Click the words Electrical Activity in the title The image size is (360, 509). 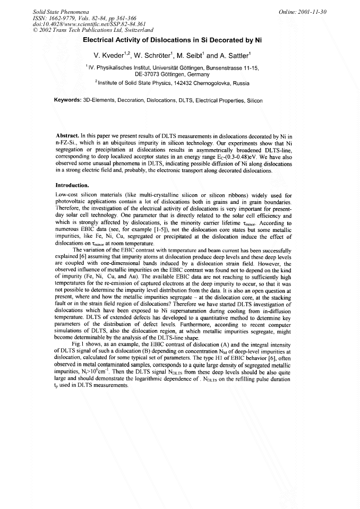coord(112,40)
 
